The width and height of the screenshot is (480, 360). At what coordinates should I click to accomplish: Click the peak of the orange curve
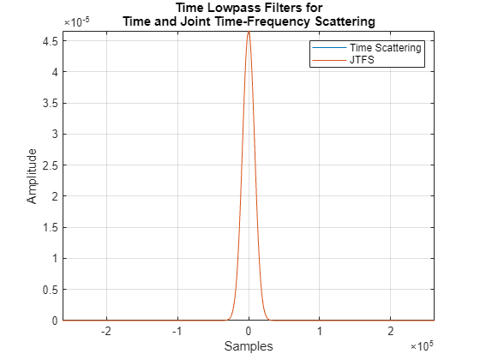coord(249,33)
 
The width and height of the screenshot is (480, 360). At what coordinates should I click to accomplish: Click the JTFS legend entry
coord(364,61)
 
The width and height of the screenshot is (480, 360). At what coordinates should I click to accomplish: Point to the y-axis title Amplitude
coord(33,176)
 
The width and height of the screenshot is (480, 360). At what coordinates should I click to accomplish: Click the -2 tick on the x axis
coord(105,331)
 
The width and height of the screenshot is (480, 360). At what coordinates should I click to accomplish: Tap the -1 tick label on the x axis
coord(177,331)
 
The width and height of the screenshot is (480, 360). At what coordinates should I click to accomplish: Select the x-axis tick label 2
coord(391,331)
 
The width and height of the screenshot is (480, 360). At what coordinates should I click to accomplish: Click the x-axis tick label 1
coord(320,331)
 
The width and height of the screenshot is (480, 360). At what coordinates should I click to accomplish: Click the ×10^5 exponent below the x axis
coord(422,345)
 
